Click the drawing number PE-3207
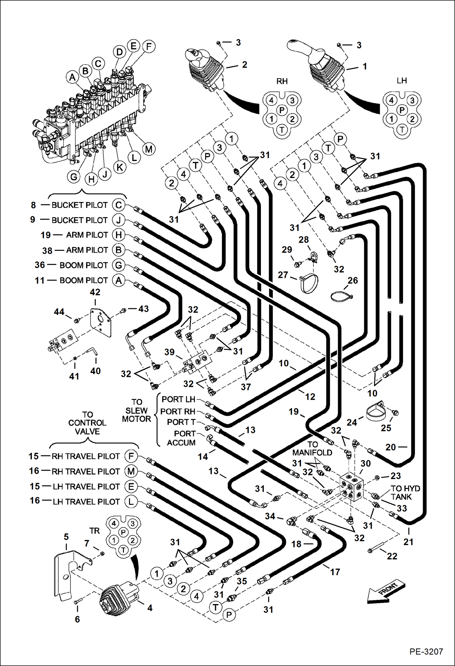pyautogui.click(x=426, y=652)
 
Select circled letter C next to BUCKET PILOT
pyautogui.click(x=118, y=205)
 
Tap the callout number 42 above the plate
pyautogui.click(x=95, y=292)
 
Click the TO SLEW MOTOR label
pyautogui.click(x=136, y=411)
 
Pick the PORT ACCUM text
pyautogui.click(x=181, y=438)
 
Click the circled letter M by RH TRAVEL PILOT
pyautogui.click(x=131, y=471)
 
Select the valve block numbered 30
pyautogui.click(x=352, y=486)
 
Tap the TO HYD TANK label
pyautogui.click(x=405, y=492)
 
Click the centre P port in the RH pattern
pyautogui.click(x=282, y=110)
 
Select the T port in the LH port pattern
pyautogui.click(x=402, y=130)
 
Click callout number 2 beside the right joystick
pyautogui.click(x=245, y=65)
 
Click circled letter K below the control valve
pyautogui.click(x=120, y=167)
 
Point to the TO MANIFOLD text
pyautogui.click(x=312, y=449)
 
